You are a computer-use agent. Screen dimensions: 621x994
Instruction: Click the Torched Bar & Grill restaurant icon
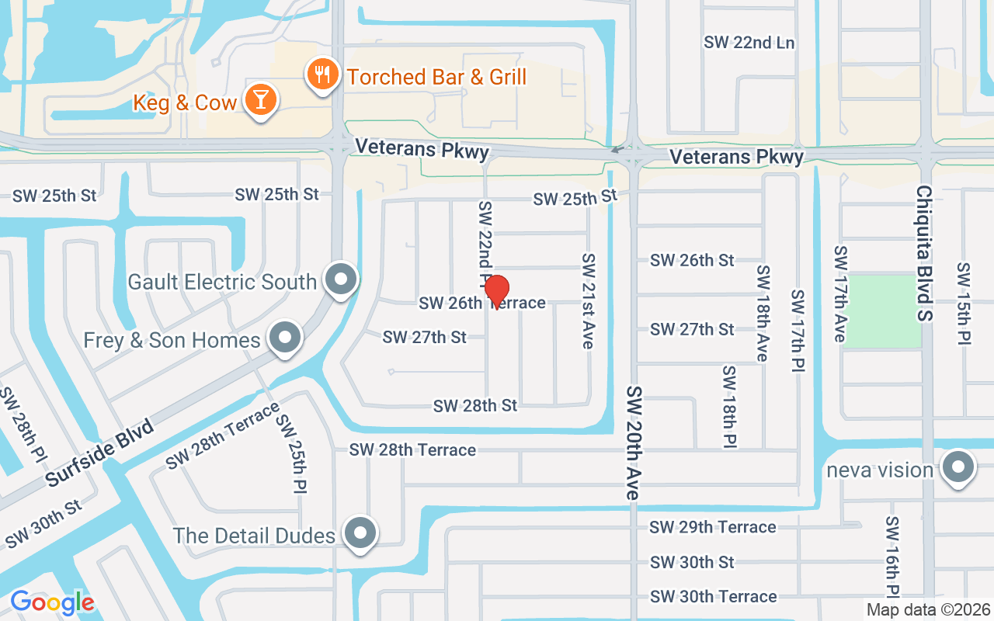click(x=321, y=75)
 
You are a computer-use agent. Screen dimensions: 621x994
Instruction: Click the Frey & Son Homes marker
click(x=285, y=338)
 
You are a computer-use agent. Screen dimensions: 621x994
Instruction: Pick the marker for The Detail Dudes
click(x=360, y=534)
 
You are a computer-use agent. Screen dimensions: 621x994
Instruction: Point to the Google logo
click(x=52, y=602)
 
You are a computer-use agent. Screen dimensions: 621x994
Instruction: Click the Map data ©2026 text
click(x=929, y=610)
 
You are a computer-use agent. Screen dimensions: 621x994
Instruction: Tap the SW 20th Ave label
click(x=634, y=442)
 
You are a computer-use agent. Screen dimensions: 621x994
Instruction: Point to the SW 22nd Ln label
click(x=749, y=43)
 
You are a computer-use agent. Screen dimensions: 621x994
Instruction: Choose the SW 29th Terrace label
click(x=713, y=527)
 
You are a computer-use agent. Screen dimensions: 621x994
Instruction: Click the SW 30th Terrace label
click(x=713, y=596)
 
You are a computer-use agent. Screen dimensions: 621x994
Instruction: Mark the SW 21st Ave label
click(x=589, y=300)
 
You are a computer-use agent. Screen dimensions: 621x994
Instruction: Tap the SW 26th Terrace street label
click(x=482, y=303)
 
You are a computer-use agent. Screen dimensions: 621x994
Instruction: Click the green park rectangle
click(x=883, y=310)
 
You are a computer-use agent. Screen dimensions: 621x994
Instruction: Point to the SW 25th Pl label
click(x=293, y=454)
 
